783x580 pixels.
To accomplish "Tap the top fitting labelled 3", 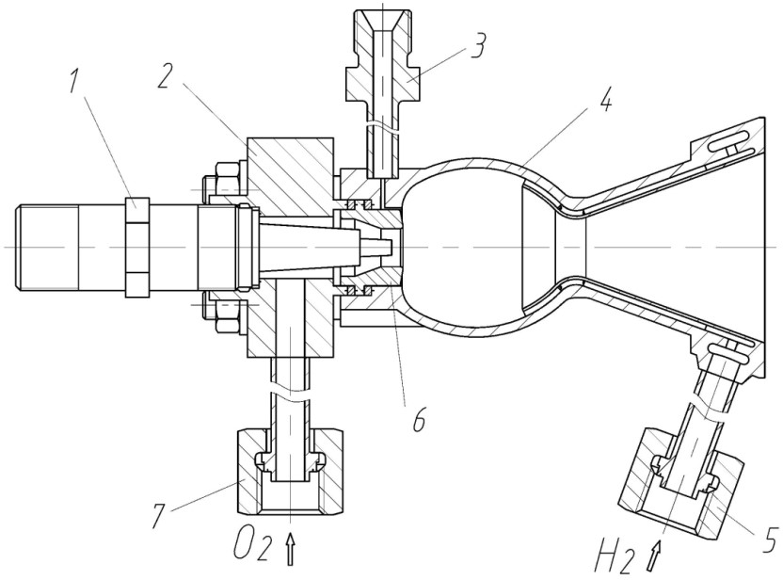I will point(383,66).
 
